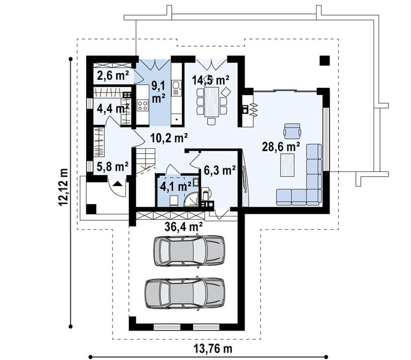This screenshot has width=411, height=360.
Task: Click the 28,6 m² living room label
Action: [x=281, y=147]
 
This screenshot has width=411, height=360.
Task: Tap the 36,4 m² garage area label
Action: [x=184, y=226]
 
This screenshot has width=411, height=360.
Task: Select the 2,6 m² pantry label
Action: [x=113, y=76]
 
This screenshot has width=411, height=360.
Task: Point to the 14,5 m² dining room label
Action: [x=211, y=80]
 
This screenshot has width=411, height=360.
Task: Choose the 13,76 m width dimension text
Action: [x=213, y=349]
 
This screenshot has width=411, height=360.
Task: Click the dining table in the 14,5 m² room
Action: [x=211, y=102]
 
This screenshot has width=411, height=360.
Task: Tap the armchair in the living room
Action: [x=292, y=131]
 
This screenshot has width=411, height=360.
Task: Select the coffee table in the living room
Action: [x=287, y=165]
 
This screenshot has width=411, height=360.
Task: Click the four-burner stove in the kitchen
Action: [x=142, y=105]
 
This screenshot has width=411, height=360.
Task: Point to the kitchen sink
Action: [x=176, y=88]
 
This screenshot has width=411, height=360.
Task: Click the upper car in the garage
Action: [x=189, y=251]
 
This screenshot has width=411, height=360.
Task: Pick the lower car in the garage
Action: [x=185, y=294]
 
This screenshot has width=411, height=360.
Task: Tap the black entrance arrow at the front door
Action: [x=117, y=183]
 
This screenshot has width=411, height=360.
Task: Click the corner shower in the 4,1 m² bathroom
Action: [x=192, y=199]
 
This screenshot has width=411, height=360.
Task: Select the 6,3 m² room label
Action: [x=219, y=170]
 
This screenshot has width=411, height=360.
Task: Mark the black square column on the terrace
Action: [x=324, y=61]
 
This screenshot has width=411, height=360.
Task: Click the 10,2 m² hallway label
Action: [x=169, y=137]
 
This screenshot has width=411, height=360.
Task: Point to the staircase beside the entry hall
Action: [x=146, y=161]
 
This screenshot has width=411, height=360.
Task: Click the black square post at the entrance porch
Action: [x=91, y=209]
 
